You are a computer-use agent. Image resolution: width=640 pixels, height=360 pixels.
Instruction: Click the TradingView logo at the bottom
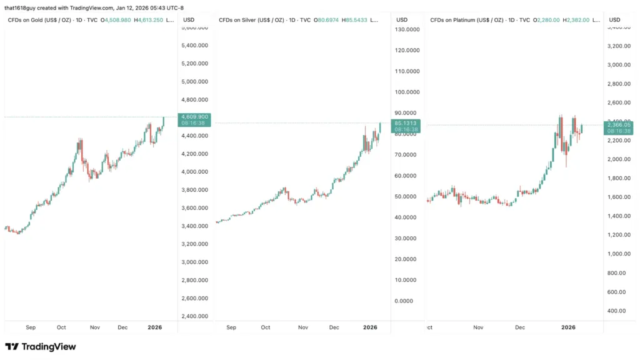41,346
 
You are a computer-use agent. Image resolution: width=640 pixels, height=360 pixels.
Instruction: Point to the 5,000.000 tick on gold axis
194,81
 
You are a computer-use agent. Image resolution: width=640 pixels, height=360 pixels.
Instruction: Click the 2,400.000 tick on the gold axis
194,316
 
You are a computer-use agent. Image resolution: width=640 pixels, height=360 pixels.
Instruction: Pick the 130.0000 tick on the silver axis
407,29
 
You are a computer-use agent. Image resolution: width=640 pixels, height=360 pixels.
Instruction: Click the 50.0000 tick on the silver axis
407,196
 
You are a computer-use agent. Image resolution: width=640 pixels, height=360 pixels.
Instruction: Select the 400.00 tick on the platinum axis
617,311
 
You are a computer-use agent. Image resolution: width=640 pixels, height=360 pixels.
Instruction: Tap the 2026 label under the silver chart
370,327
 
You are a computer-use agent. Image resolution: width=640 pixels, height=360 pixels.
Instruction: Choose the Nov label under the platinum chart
479,327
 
